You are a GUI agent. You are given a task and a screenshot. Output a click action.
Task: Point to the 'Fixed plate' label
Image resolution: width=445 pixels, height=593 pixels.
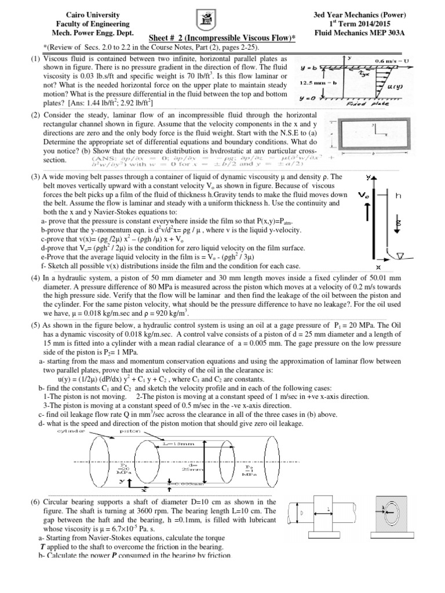(379, 104)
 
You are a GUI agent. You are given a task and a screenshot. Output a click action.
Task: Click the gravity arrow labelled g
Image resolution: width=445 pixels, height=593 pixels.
(396, 228)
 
